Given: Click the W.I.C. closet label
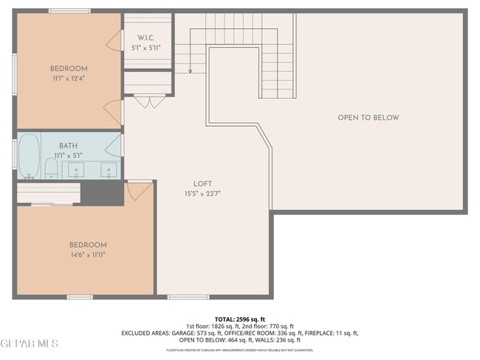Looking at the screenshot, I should [148, 38].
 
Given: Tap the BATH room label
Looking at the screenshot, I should [68, 146].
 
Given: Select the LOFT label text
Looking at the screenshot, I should [203, 184].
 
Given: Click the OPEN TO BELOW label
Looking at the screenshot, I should [368, 118].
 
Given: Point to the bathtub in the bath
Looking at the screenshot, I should [29, 156].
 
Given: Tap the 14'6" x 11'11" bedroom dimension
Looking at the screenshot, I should [88, 255].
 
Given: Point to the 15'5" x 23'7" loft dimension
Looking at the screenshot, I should [202, 193].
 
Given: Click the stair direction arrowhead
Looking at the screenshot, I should [190, 72].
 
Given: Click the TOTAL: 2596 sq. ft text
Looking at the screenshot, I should [239, 319].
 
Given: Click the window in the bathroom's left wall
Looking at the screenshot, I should [14, 153].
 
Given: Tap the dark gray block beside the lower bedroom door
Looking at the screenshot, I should [102, 193].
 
